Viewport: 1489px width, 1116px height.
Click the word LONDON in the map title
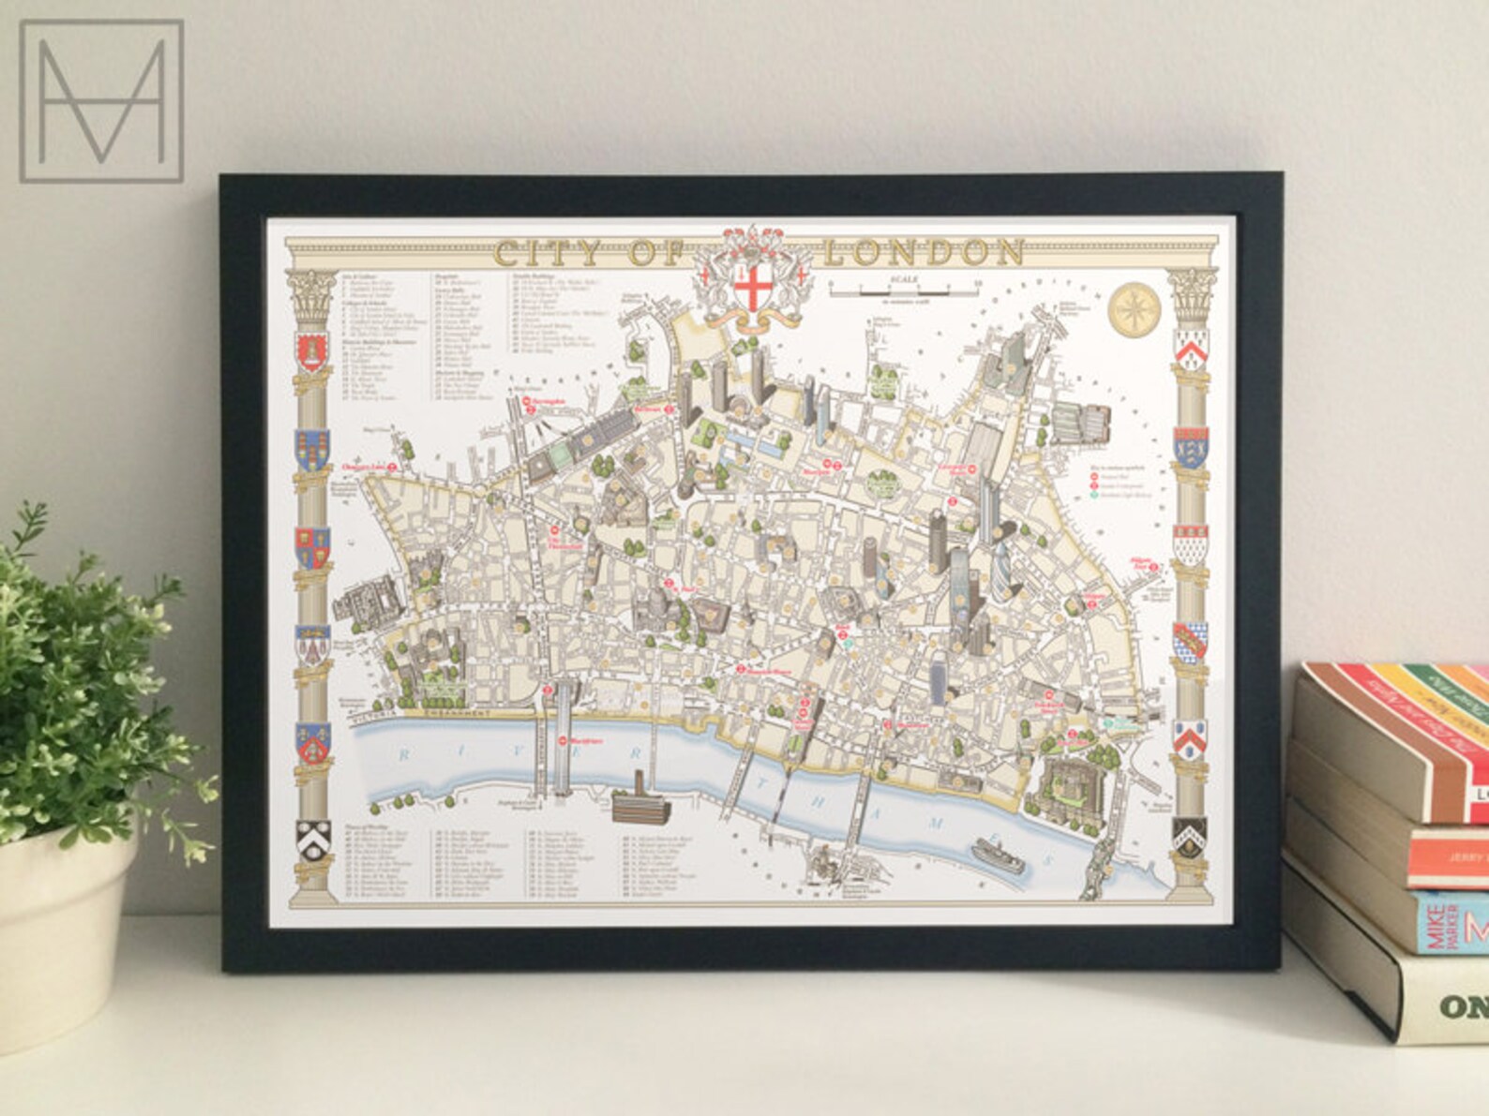pyautogui.click(x=924, y=252)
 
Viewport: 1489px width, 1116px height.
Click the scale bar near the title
pyautogui.click(x=903, y=287)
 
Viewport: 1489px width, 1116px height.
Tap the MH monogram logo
pyautogui.click(x=101, y=99)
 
